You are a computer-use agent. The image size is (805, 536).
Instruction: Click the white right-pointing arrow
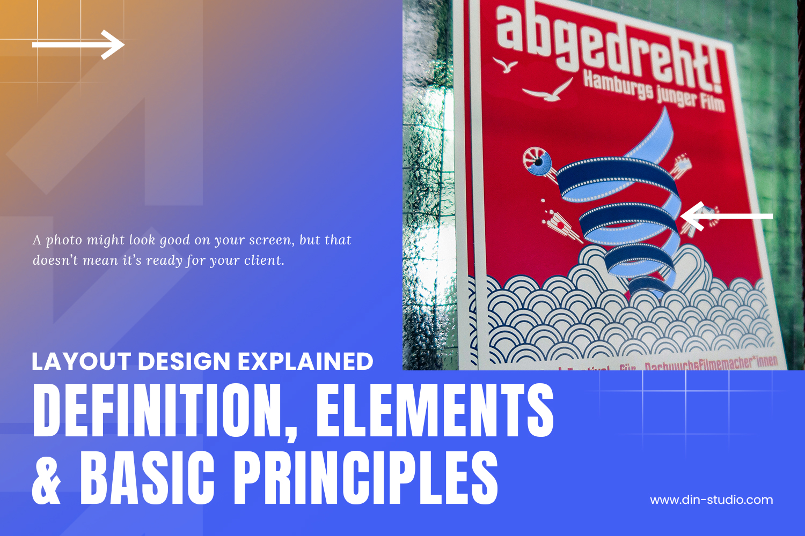coord(78,44)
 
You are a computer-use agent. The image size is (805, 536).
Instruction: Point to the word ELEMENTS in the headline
coord(435,410)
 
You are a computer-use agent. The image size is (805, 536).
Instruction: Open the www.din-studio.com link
coord(712,500)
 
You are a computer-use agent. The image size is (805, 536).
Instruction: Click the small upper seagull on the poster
coord(504,65)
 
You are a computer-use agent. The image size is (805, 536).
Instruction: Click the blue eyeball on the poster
coord(538,161)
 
